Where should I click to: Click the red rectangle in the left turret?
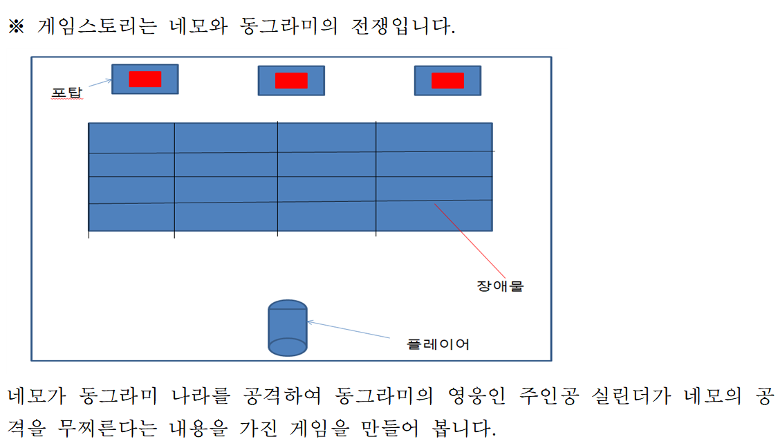[x=145, y=79]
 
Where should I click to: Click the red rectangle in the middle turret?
[x=291, y=80]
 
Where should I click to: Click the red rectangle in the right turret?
[x=447, y=80]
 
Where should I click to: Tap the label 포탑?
[x=67, y=93]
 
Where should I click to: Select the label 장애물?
[x=500, y=286]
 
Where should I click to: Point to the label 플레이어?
[x=438, y=344]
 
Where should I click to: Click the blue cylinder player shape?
[x=288, y=328]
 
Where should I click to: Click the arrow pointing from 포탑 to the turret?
[x=100, y=83]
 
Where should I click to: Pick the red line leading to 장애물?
[x=470, y=241]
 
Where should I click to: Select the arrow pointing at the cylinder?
[x=349, y=330]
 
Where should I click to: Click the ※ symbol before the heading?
[x=17, y=26]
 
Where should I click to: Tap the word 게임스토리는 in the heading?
[x=98, y=26]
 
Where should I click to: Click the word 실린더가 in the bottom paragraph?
[x=631, y=396]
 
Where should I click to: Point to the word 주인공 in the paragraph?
[x=549, y=396]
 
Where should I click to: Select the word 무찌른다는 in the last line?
[x=108, y=427]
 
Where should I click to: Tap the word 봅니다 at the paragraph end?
[x=464, y=427]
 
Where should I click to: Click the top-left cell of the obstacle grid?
[x=131, y=138]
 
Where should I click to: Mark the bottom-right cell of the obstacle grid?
[x=434, y=216]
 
